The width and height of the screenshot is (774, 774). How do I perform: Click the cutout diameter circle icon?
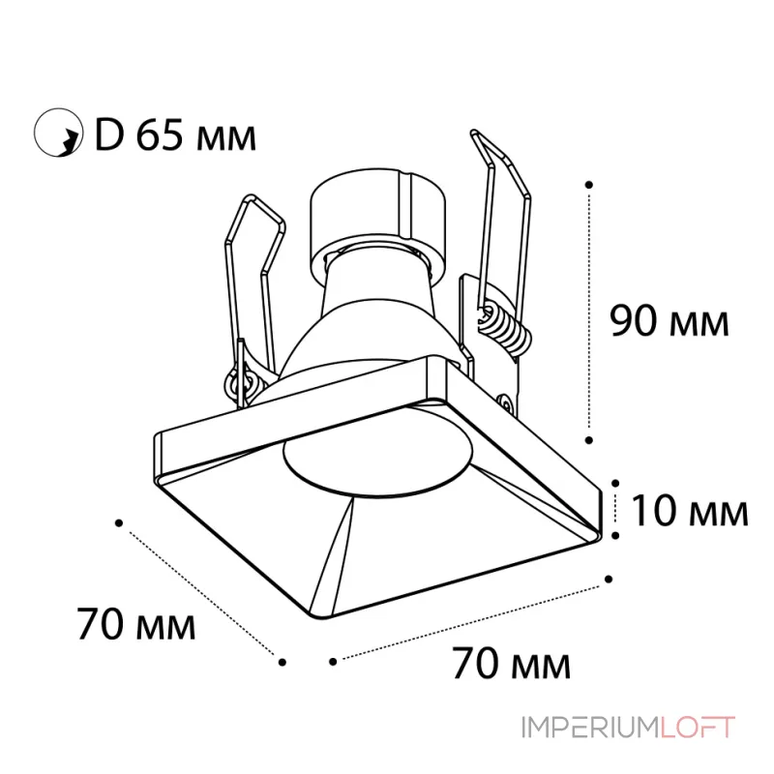tap(58, 133)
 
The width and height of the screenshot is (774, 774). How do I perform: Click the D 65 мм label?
tap(175, 134)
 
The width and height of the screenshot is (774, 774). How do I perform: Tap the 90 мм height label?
tap(670, 321)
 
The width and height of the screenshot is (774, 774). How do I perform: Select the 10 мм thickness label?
tap(690, 511)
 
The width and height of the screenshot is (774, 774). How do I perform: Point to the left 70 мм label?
tap(136, 624)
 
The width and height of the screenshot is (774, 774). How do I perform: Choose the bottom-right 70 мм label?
tap(511, 664)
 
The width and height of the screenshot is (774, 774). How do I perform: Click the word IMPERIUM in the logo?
tap(590, 728)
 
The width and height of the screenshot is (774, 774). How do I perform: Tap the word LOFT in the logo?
tap(698, 728)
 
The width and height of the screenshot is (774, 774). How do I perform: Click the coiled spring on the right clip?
tap(504, 327)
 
